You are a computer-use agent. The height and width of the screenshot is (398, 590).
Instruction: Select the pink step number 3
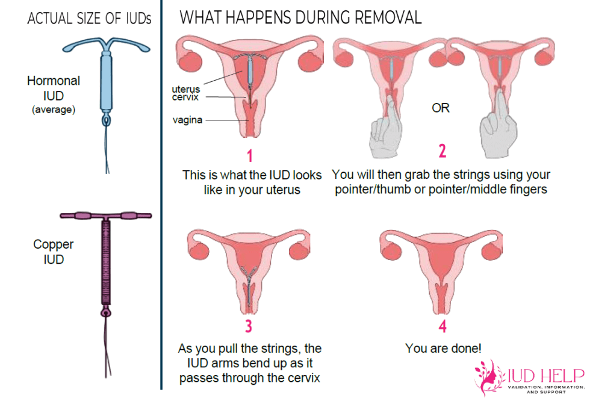point(249,326)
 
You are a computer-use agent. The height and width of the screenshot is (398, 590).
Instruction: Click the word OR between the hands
point(441,108)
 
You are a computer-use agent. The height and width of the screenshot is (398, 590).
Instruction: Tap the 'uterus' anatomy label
point(185,89)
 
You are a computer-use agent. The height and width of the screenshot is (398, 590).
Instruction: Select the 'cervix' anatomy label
point(185,97)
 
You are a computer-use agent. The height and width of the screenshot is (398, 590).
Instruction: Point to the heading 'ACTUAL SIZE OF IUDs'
point(89,18)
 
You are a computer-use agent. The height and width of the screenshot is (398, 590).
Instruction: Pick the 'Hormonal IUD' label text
point(54,88)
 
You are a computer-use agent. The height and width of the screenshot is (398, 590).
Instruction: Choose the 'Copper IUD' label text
point(54,252)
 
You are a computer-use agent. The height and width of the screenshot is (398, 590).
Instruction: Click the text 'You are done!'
point(443,348)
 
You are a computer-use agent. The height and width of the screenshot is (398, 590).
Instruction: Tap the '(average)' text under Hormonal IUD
point(54,109)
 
